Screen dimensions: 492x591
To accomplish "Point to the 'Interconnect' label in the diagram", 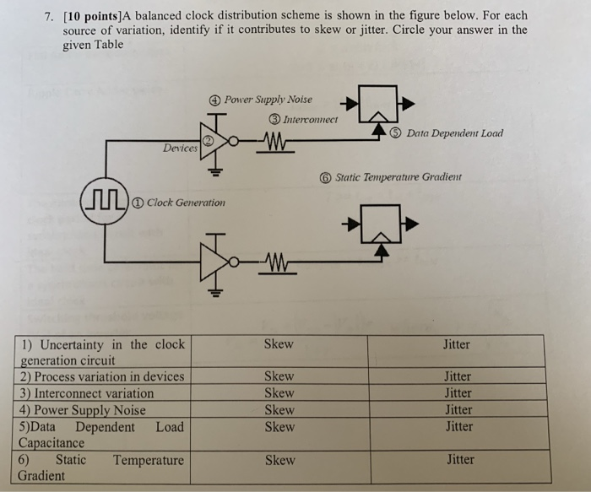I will [x=308, y=119].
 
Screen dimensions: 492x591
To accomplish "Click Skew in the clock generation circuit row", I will [x=279, y=344].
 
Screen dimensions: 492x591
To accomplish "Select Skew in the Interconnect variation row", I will [x=279, y=393].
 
